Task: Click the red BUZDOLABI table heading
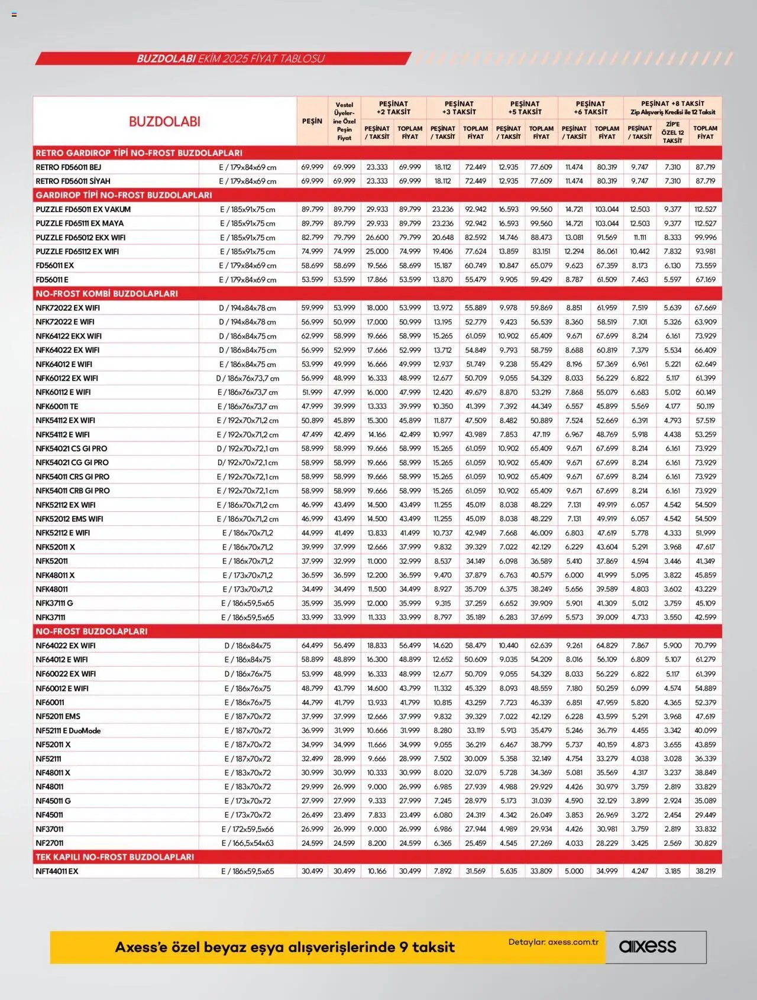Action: [x=164, y=122]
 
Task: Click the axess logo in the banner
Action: [x=647, y=946]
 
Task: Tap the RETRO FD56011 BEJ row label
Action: [x=68, y=167]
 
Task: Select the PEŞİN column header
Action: [x=312, y=121]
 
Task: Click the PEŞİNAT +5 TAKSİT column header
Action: [x=525, y=107]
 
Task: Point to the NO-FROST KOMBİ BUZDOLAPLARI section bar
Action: [x=106, y=294]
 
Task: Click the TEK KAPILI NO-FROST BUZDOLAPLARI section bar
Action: [x=115, y=857]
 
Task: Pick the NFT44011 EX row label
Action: [x=57, y=871]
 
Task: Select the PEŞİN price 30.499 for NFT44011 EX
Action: [x=312, y=871]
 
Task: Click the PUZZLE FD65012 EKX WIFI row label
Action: [x=80, y=238]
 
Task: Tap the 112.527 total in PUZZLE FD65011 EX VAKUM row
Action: [x=705, y=209]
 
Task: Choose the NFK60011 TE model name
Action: [x=57, y=407]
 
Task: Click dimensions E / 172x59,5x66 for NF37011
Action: [x=247, y=829]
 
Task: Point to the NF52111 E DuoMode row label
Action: [x=68, y=730]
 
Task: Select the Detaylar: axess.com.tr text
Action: [x=553, y=942]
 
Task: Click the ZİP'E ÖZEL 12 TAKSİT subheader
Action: [x=672, y=132]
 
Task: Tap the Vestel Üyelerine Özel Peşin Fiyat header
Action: [x=344, y=121]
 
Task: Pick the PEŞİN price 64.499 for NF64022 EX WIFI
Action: [x=312, y=645]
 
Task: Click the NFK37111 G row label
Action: [x=54, y=603]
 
